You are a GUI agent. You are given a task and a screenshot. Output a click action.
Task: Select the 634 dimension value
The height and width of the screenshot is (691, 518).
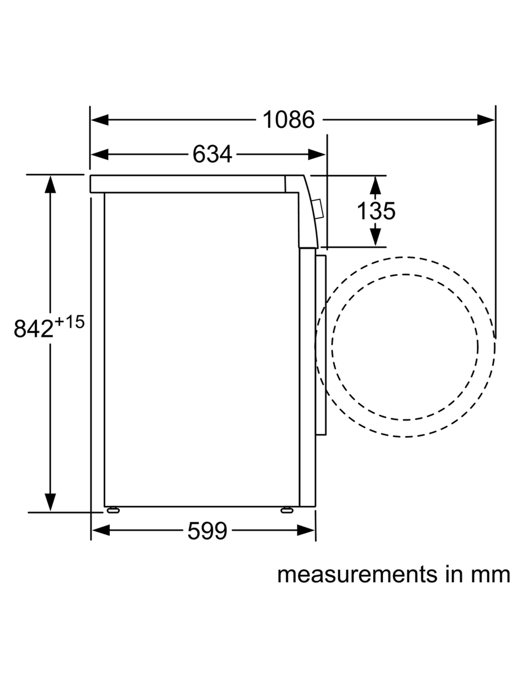coord(212,154)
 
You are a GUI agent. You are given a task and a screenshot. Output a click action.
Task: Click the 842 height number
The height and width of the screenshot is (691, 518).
coord(34,329)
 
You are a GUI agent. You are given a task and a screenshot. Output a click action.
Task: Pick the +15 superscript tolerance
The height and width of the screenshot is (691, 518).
coord(69,322)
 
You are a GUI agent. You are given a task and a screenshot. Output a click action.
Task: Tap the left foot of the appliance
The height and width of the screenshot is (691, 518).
coord(113,510)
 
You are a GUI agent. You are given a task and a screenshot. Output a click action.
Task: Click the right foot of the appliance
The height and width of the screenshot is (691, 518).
coord(287,510)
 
